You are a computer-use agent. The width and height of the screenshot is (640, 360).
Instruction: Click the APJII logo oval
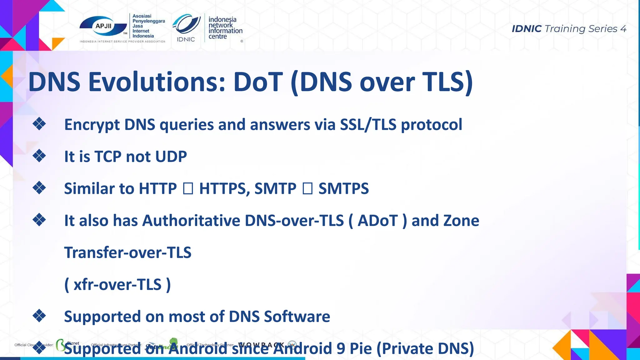[x=103, y=26]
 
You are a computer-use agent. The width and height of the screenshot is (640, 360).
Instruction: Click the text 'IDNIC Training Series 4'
[x=569, y=29]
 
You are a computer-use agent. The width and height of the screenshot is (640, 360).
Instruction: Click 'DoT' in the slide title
[x=258, y=82]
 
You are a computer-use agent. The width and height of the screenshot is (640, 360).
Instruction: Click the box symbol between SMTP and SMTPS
[x=307, y=189]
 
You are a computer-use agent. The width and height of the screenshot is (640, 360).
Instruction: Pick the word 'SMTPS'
[x=343, y=189]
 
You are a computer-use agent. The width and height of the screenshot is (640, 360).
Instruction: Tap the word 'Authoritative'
[x=191, y=221]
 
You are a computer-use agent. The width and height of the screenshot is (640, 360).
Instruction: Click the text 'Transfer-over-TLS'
[x=127, y=252]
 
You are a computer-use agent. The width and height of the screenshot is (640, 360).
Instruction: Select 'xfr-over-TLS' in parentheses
[x=117, y=285]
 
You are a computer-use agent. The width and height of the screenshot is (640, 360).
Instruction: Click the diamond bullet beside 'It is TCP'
[x=39, y=156]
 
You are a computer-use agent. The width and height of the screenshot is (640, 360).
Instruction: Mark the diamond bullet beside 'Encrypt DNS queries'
[x=39, y=124]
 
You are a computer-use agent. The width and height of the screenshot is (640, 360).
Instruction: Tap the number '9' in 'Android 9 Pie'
[x=341, y=349]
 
